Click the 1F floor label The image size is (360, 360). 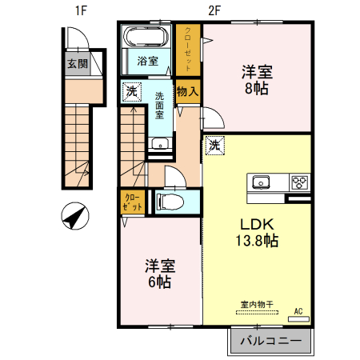[80, 10]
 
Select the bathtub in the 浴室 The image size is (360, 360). [145, 38]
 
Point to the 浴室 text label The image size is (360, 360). [147, 60]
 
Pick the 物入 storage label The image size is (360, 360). [187, 92]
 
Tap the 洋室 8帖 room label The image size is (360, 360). [257, 79]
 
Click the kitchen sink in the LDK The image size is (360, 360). [262, 182]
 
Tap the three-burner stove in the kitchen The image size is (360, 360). [300, 181]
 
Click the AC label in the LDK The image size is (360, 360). [298, 311]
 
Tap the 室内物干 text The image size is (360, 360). [258, 304]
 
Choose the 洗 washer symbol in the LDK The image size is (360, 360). [214, 145]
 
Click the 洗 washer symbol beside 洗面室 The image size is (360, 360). [131, 92]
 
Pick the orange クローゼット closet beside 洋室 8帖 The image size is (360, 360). [188, 50]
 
